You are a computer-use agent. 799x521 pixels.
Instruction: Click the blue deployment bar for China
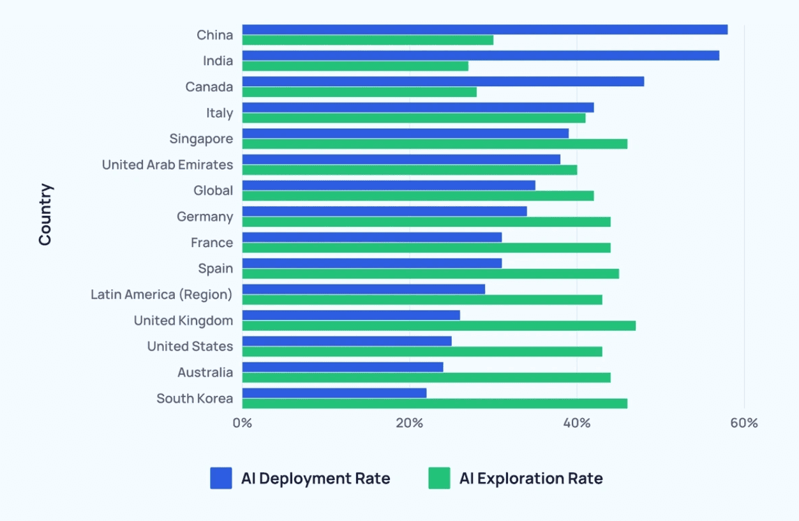[485, 29]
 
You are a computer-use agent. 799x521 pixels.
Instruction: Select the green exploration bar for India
[355, 66]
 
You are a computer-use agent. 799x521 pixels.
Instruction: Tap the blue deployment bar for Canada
[443, 81]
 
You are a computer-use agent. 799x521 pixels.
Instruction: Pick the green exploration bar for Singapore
[435, 144]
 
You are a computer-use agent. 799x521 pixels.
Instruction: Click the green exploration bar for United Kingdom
[438, 326]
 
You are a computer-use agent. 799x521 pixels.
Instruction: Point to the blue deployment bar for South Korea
[334, 393]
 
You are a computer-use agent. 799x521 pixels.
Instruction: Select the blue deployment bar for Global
[389, 185]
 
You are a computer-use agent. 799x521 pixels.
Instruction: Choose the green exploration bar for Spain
[430, 273]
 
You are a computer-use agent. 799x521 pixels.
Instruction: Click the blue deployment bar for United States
[347, 341]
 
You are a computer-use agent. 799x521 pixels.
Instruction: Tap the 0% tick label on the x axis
[243, 423]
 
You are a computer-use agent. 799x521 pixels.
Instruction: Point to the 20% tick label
[410, 423]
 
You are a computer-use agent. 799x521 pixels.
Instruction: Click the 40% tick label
[577, 423]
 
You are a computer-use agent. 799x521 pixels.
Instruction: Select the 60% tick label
[744, 423]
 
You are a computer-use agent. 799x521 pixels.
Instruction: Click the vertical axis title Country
[45, 215]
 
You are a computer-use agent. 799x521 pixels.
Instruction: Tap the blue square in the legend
[221, 478]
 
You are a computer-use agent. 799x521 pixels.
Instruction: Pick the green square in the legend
[439, 478]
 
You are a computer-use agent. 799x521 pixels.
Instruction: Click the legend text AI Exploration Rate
[531, 478]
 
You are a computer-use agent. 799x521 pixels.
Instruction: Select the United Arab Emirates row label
[167, 165]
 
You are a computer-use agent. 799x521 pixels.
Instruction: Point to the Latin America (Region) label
[161, 294]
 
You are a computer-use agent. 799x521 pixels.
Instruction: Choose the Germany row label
[205, 216]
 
